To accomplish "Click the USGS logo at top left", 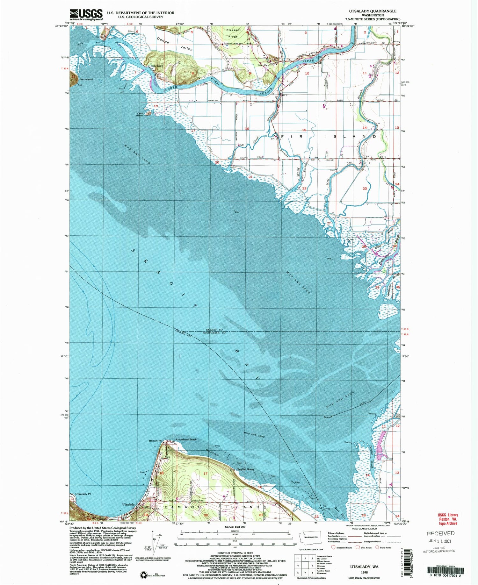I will pos(86,15).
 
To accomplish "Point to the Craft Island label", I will pos(140,114).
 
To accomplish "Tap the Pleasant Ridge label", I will pos(233,33).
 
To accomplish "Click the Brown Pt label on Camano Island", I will pos(156,441).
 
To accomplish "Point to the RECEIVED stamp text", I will pos(441,533).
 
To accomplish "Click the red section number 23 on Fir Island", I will pos(365,189).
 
